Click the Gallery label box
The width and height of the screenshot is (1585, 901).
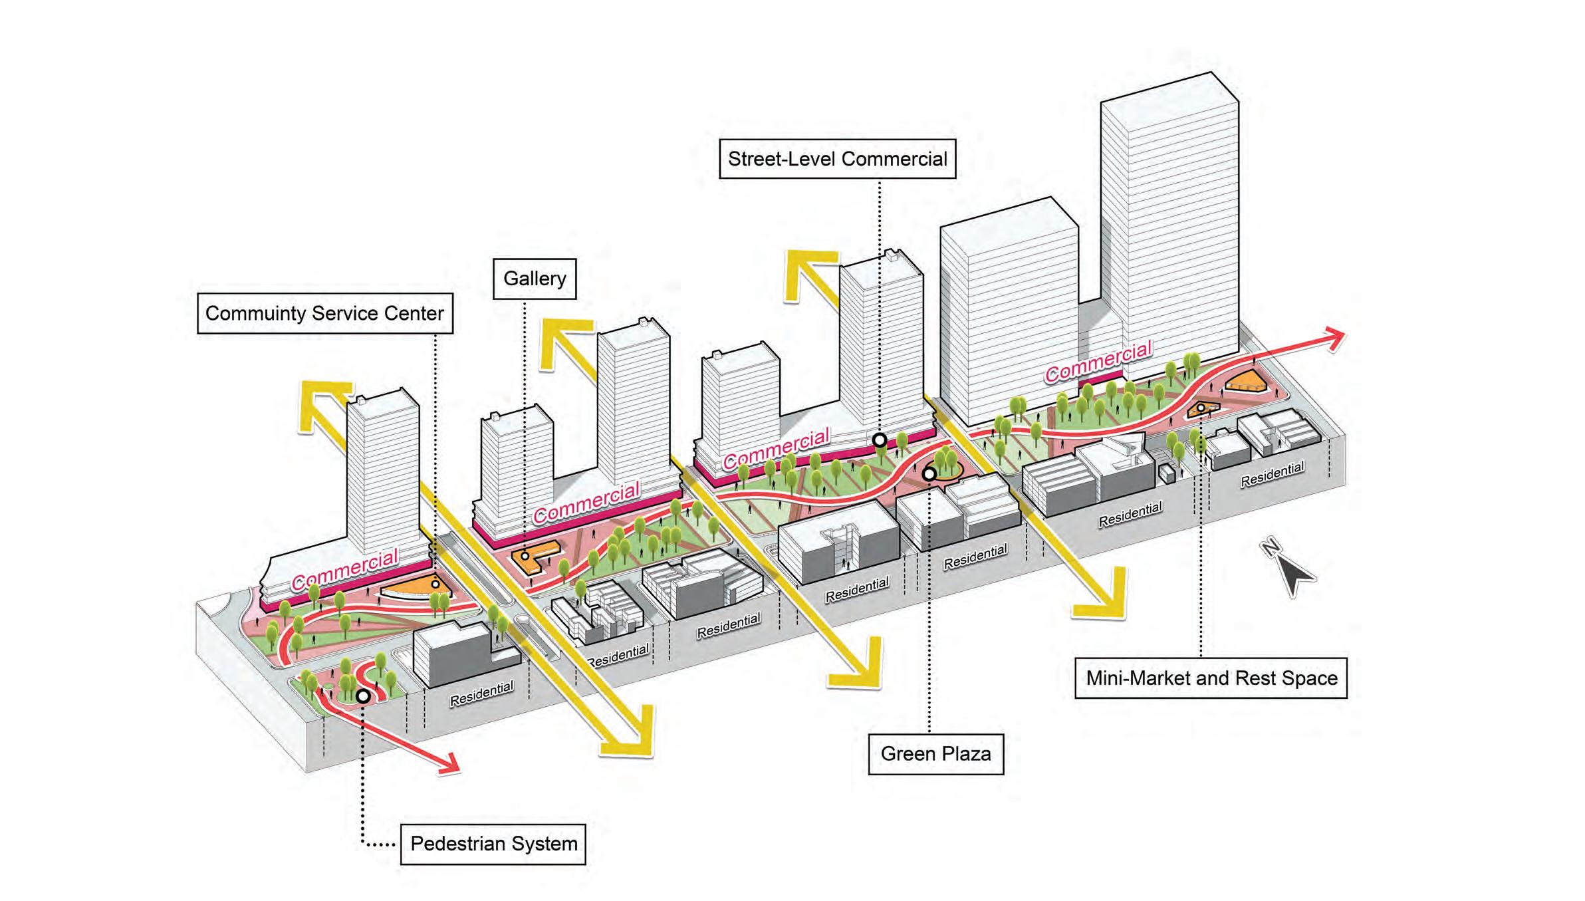point(534,279)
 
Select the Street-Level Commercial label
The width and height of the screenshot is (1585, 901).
point(837,159)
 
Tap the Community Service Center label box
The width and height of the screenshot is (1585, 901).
point(324,313)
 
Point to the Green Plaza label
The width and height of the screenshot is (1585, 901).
point(935,754)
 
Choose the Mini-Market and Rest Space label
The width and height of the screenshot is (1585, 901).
point(1211,678)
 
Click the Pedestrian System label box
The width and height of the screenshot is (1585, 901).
point(493,844)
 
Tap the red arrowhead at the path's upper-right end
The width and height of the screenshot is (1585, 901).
point(1333,338)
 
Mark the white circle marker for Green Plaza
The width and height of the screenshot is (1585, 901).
point(929,474)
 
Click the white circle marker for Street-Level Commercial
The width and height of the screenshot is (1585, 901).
point(880,440)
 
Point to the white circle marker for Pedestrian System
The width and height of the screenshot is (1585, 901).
point(363,696)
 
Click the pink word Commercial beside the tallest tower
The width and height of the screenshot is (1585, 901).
point(1098,363)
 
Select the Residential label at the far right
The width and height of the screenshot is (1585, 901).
point(1272,475)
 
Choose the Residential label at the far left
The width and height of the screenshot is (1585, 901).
point(481,693)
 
